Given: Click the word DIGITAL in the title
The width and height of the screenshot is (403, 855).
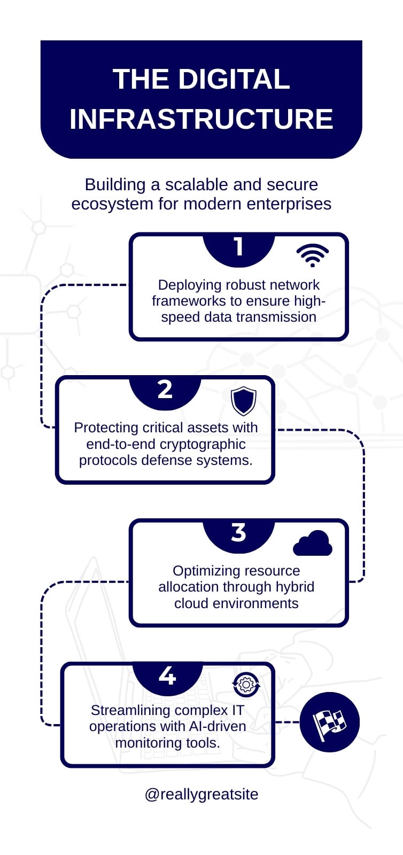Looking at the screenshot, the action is [234, 79].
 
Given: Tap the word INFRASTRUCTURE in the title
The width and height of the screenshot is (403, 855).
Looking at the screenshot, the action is [201, 119].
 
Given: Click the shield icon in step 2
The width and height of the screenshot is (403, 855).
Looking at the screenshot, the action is [244, 401].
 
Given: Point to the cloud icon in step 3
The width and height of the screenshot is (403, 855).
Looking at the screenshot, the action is [313, 543].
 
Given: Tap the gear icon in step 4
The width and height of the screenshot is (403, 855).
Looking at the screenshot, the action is [246, 685].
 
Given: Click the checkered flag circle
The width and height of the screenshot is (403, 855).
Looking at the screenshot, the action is [329, 722].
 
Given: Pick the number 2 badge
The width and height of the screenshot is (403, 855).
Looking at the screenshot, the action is [165, 393].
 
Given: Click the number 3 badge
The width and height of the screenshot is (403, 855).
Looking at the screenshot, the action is [238, 535].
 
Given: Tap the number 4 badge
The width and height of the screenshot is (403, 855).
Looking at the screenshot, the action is [167, 678].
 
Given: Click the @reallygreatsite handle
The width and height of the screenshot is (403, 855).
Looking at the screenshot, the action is [201, 794].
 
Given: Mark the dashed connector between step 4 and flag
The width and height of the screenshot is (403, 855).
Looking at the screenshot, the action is [288, 722].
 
